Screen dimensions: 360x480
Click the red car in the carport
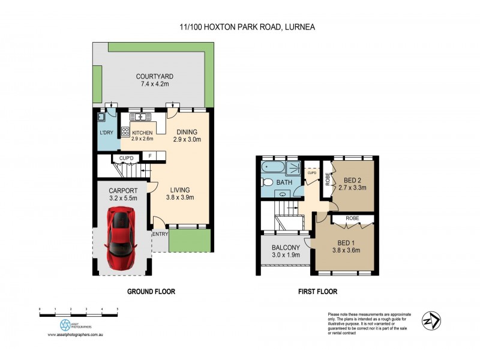[x=121, y=239]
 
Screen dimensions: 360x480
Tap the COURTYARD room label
[x=154, y=76]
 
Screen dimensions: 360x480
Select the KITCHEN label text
[x=142, y=133]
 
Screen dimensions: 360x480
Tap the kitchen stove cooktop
[x=126, y=132]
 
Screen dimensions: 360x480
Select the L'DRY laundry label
[x=106, y=133]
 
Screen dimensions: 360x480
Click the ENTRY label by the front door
[x=160, y=234]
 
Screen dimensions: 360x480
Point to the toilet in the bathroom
[x=268, y=182]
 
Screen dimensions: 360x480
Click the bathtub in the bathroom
[x=273, y=167]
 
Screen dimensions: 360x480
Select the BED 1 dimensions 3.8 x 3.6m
[x=344, y=251]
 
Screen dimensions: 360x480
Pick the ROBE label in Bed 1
[x=352, y=219]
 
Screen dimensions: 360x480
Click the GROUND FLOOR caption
[x=151, y=292]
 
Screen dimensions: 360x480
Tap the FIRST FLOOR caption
[x=317, y=292]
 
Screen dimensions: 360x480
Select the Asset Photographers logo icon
[x=65, y=325]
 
